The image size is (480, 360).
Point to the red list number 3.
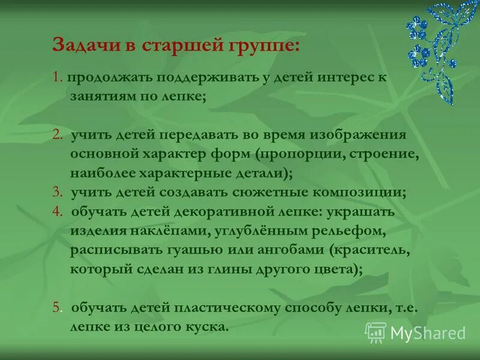pyautogui.click(x=57, y=192)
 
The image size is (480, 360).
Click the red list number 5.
pyautogui.click(x=57, y=308)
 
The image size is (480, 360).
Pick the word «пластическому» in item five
pyautogui.click(x=227, y=308)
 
